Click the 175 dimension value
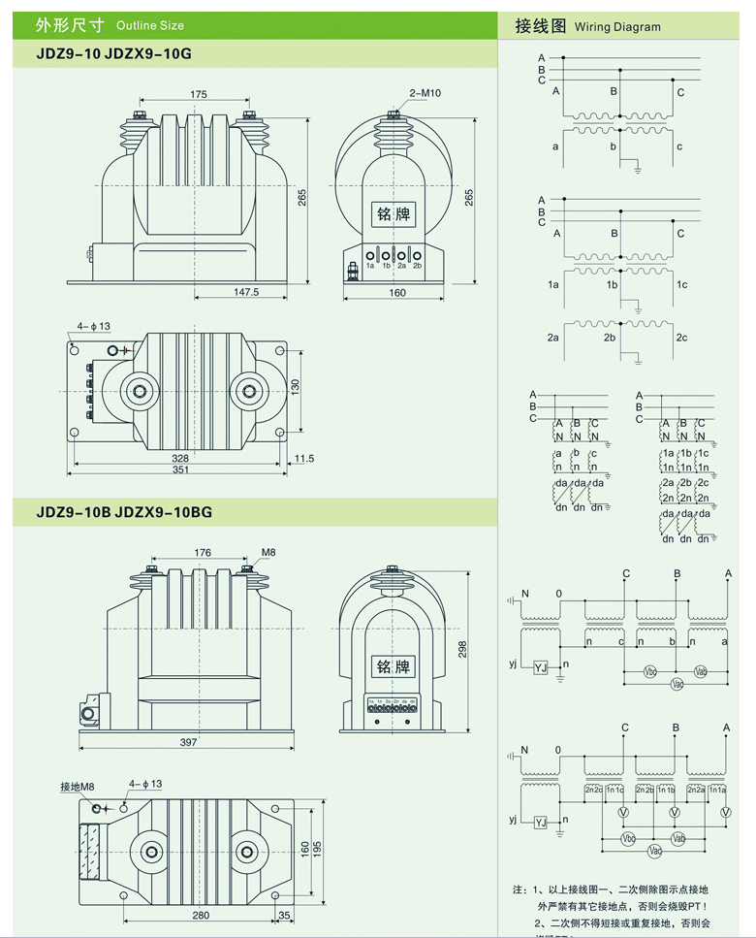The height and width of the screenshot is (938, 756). tap(199, 94)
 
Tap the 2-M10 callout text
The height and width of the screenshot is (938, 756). tap(425, 93)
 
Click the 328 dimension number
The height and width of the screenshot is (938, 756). tap(180, 457)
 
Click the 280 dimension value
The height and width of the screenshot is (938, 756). tap(201, 914)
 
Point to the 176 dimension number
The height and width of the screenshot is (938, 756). tap(203, 554)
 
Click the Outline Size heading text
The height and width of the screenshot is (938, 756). tap(149, 25)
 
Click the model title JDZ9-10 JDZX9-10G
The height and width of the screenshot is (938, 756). tap(113, 54)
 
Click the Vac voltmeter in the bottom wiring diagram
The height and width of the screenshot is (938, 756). tap(654, 851)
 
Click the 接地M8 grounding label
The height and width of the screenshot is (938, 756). tap(77, 786)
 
